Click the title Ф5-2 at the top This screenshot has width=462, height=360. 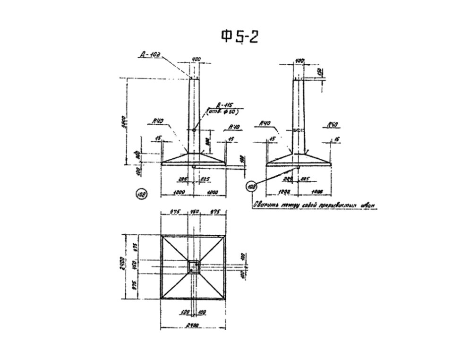240,36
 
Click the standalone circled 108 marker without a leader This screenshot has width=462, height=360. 141,193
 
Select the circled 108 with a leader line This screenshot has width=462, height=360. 251,186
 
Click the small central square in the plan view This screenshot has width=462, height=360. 194,266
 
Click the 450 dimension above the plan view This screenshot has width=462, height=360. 194,211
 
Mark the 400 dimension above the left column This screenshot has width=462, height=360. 196,60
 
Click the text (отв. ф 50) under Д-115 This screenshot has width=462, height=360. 222,112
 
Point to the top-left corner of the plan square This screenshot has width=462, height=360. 162,235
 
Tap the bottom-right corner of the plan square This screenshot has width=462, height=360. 225,299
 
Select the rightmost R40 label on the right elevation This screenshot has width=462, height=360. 332,125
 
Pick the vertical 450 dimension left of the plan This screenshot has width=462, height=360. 136,267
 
